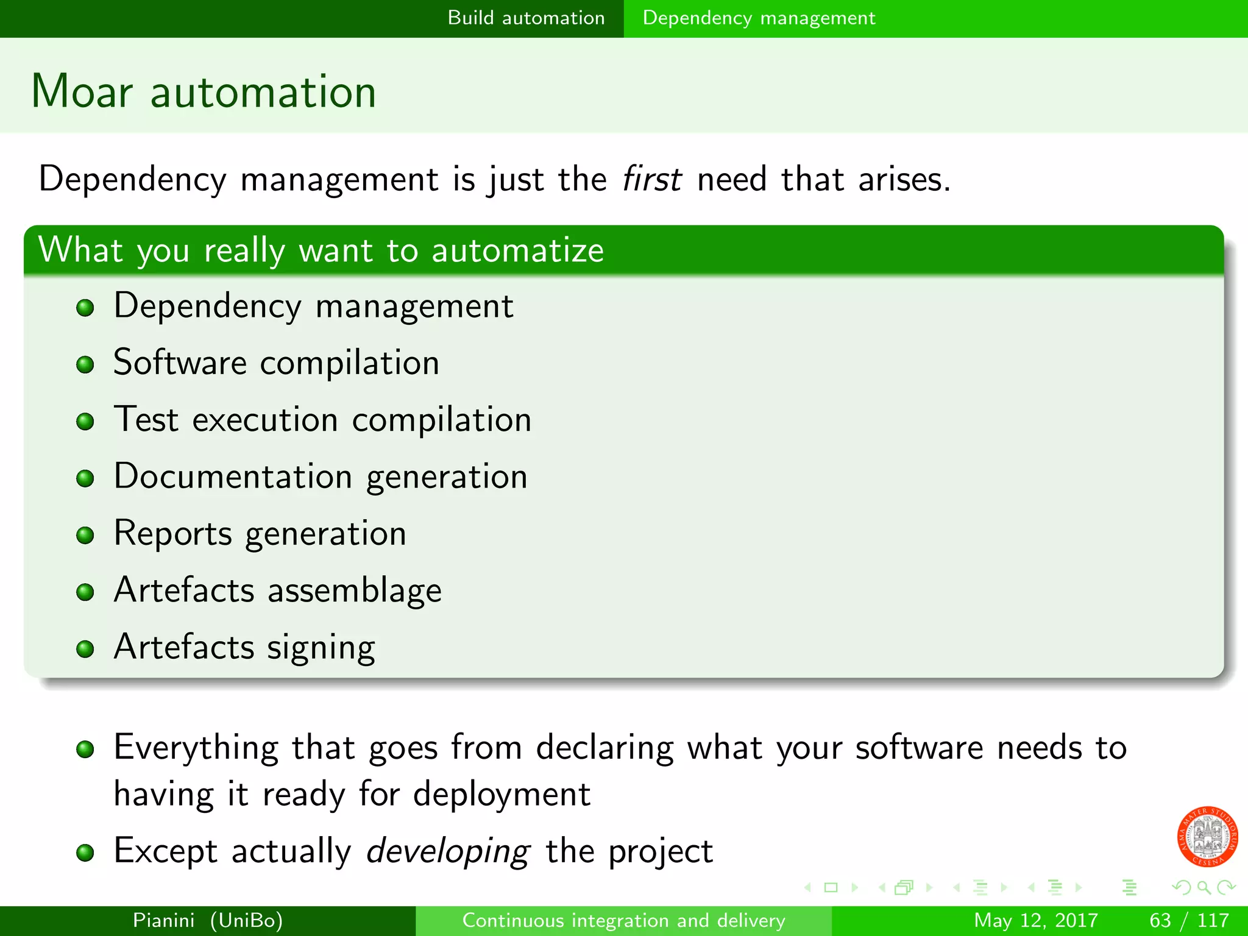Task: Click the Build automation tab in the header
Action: point(526,18)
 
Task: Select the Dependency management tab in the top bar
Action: point(759,18)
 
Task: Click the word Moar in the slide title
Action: point(82,92)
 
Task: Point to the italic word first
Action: point(651,179)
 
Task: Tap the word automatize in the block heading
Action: point(517,250)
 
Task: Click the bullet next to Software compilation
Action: point(85,364)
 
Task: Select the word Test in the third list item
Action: point(146,420)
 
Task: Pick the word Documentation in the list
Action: point(233,477)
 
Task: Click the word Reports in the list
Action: point(173,533)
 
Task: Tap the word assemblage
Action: point(355,590)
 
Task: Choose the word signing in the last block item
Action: point(321,648)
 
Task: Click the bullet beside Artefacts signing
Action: point(85,648)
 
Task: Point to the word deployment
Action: point(502,795)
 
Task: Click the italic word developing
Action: point(448,852)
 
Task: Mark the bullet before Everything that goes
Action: point(85,749)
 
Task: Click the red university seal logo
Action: point(1207,836)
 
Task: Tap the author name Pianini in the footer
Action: point(163,920)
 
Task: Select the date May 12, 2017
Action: point(1035,920)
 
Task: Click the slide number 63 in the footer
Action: point(1160,920)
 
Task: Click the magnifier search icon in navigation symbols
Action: point(1204,887)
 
